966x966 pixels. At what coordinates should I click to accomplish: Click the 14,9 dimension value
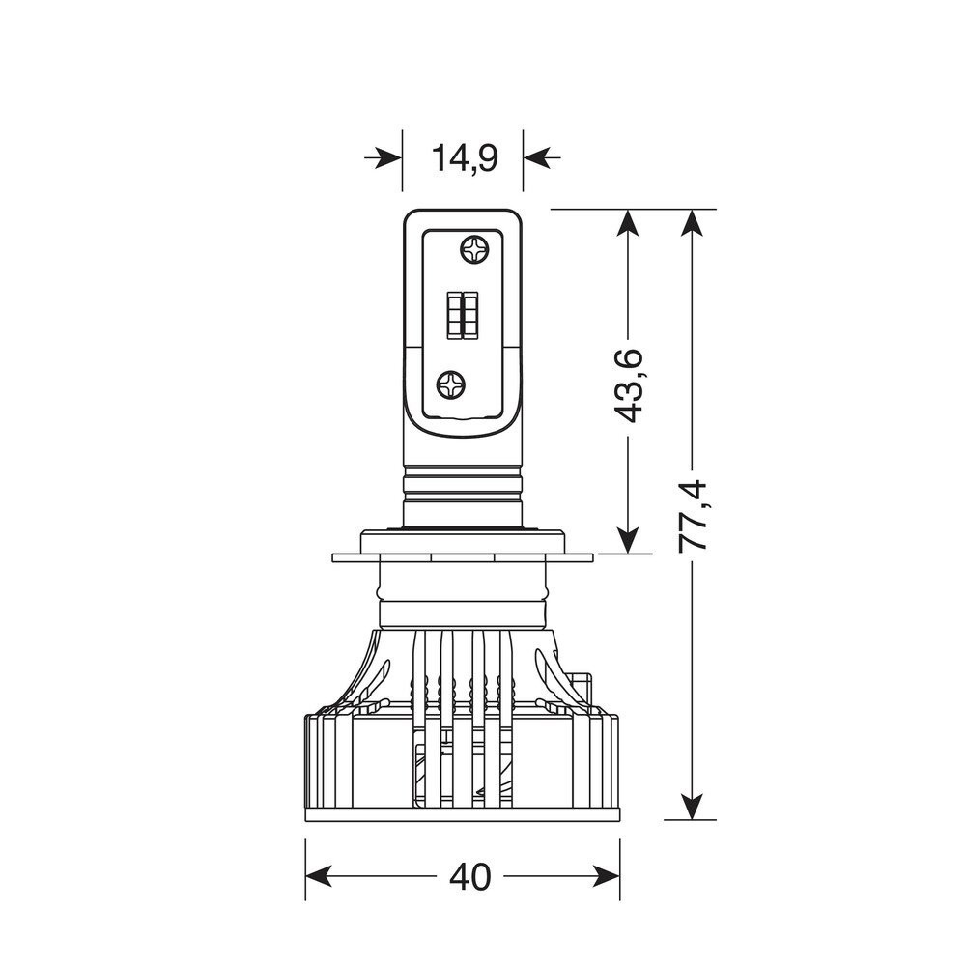[465, 158]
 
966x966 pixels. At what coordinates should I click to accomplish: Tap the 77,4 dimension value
[694, 515]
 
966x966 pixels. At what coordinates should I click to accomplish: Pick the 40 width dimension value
[470, 876]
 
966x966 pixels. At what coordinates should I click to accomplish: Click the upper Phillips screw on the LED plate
[474, 250]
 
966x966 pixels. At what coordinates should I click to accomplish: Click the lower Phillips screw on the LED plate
[451, 385]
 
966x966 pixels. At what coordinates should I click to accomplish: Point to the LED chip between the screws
[463, 314]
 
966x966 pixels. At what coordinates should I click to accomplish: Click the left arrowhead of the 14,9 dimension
[389, 158]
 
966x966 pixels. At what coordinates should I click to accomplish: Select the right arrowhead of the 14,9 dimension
[536, 158]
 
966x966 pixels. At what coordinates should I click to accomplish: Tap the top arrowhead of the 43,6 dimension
[628, 223]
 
